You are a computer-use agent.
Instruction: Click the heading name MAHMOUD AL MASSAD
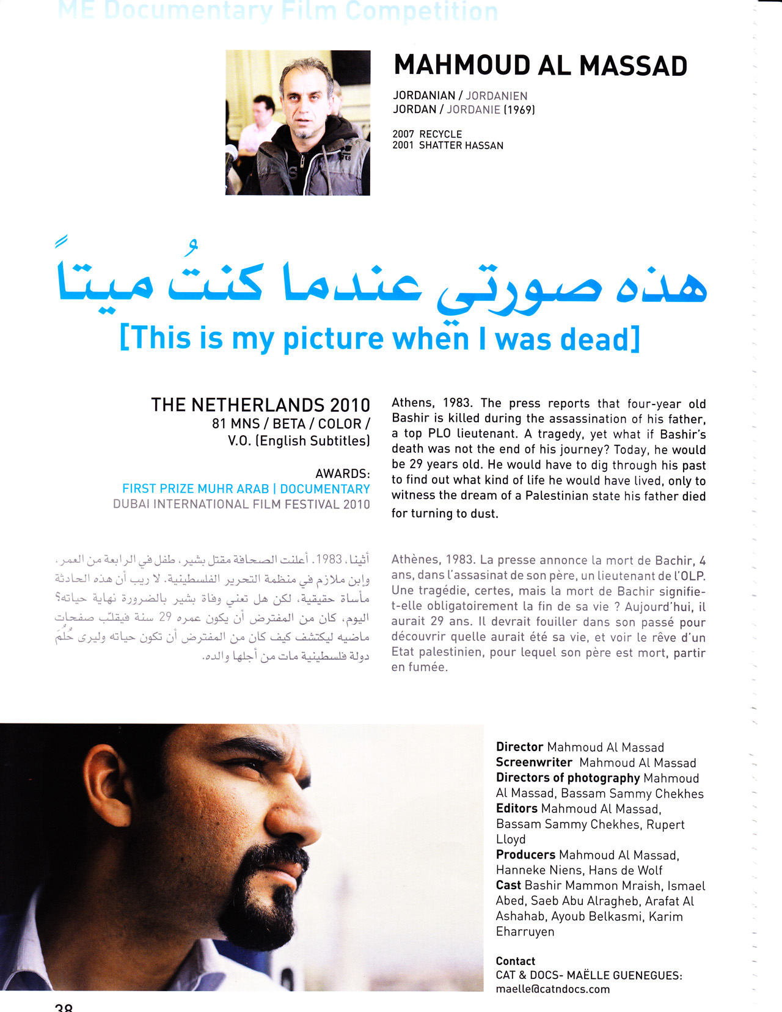pos(540,66)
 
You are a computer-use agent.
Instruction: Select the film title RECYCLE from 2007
pos(440,134)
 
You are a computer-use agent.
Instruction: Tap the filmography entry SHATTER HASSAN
pos(461,145)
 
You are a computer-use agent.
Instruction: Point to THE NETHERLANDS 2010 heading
pos(260,405)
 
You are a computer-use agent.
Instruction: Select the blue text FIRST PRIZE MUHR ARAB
pos(195,489)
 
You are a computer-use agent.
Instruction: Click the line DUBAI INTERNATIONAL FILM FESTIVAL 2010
pos(241,504)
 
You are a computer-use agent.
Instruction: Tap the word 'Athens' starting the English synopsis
pos(412,403)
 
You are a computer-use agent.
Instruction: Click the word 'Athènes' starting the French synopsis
pos(415,560)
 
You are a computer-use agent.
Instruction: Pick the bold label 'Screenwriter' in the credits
pos(533,762)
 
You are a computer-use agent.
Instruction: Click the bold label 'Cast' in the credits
pos(508,885)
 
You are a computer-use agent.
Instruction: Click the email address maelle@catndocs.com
pos(552,989)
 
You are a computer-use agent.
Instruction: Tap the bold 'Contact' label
pos(515,961)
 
